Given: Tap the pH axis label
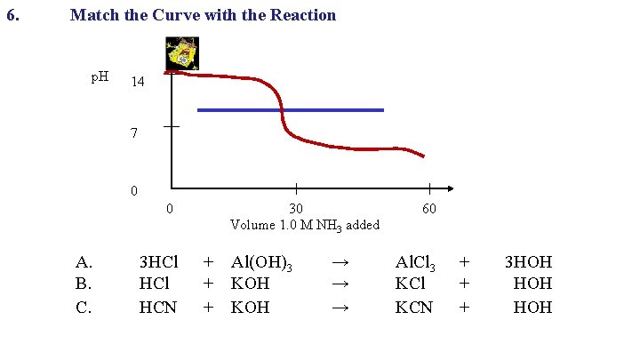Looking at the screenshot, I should [100, 77].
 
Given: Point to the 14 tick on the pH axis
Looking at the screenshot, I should [138, 83].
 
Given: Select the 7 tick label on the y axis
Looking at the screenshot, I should [133, 135].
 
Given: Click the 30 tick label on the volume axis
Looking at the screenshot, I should [295, 209].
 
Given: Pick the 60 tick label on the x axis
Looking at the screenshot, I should [428, 209].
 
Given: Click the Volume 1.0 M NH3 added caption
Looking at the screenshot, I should [305, 225].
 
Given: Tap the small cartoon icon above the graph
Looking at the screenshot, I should [182, 53].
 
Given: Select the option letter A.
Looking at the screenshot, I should [84, 262].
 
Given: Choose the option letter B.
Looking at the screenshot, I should [84, 284].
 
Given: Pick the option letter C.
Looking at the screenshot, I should [84, 308].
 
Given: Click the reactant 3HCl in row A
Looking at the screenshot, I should [159, 262].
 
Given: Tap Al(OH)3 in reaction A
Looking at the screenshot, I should [262, 263].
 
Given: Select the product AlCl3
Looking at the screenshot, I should [415, 263].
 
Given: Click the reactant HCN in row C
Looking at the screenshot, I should [158, 308].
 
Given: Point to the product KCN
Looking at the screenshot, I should [414, 308].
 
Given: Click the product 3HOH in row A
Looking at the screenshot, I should [528, 262].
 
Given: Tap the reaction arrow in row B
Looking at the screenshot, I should [339, 284].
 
